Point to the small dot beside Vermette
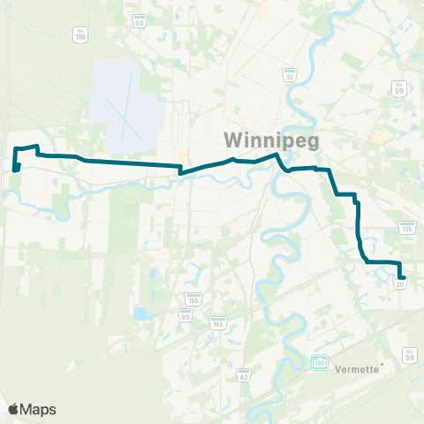coord(382,362)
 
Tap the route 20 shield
coord(401,284)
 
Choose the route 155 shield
coord(192,299)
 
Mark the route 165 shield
coord(217,323)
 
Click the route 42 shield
coord(243,375)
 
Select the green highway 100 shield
coord(320,361)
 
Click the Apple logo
coord(14,409)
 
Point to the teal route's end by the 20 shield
coord(404,277)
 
